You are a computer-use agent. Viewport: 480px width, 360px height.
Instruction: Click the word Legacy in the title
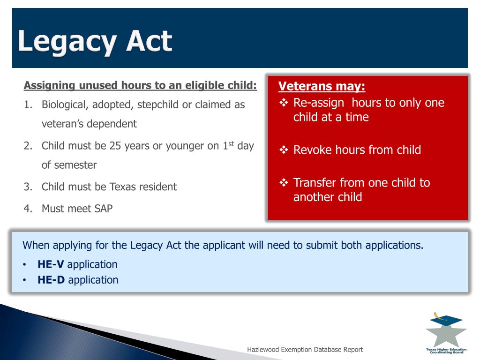(x=67, y=42)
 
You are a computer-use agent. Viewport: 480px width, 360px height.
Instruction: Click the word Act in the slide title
(x=150, y=41)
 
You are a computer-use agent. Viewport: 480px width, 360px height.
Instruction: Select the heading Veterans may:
(x=322, y=86)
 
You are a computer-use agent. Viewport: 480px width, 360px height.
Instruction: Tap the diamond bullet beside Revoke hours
(x=284, y=150)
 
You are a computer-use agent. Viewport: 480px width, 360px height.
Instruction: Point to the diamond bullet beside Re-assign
(x=284, y=103)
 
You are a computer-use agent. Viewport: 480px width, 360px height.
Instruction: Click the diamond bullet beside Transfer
(x=284, y=182)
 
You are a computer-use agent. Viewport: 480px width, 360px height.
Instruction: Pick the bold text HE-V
(x=51, y=264)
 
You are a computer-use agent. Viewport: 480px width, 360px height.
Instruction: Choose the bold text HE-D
(x=51, y=280)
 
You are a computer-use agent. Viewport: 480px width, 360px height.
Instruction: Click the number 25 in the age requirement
(x=115, y=146)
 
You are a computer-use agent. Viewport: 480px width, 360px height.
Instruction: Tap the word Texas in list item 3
(x=123, y=187)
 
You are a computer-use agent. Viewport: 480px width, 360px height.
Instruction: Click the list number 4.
(x=28, y=209)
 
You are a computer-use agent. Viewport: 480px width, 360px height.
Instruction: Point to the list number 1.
(x=28, y=105)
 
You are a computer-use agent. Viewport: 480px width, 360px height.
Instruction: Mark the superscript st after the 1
(x=231, y=143)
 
